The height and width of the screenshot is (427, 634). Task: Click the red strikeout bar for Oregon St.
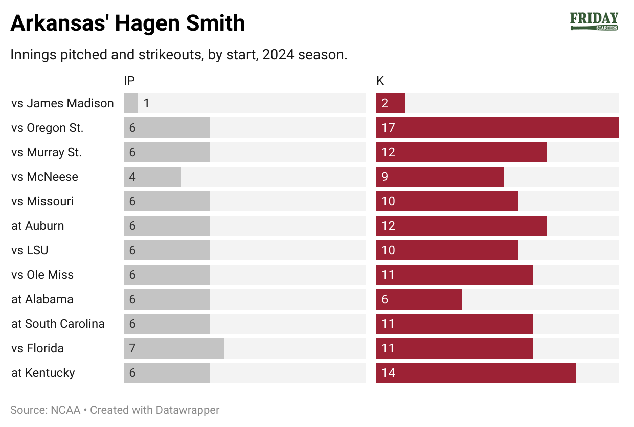pos(497,128)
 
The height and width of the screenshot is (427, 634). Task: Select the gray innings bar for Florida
pos(174,348)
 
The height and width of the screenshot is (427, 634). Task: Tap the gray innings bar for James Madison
pos(131,103)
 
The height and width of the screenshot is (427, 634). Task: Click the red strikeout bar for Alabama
pos(419,299)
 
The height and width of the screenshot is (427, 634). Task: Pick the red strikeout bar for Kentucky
pos(475,373)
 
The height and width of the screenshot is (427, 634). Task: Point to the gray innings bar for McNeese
pos(152,177)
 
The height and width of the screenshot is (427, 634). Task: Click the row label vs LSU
pos(30,250)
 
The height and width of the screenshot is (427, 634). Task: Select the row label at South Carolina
pos(58,324)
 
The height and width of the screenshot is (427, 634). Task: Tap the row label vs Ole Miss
pos(42,275)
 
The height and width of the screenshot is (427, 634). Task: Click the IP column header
pos(129,81)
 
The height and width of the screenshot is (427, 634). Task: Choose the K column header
pos(380,81)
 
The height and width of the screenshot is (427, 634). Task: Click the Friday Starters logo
pos(594,21)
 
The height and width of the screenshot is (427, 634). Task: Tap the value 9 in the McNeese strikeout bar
pos(385,177)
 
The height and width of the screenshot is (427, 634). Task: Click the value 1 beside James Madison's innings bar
pos(146,103)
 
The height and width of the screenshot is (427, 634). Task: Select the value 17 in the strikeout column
pos(389,128)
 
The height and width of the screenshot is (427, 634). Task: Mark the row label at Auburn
pos(38,226)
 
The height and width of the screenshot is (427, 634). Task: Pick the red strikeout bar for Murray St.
pos(461,152)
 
